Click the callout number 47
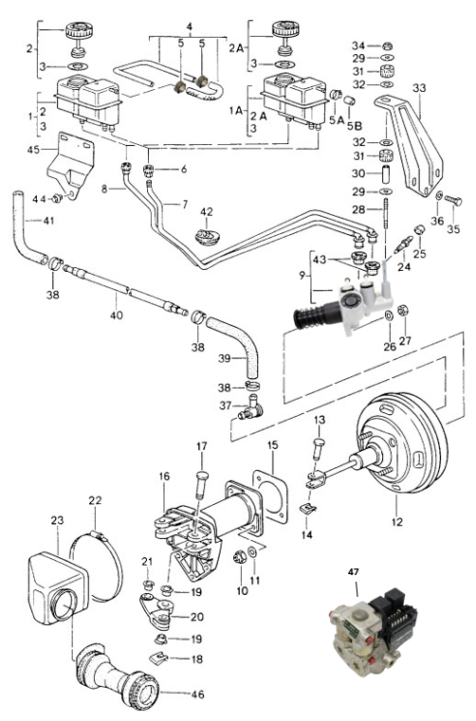tap(354, 572)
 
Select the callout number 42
tap(207, 212)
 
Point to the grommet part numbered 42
tap(208, 238)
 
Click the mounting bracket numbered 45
tap(71, 165)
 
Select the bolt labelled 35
tap(453, 201)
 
